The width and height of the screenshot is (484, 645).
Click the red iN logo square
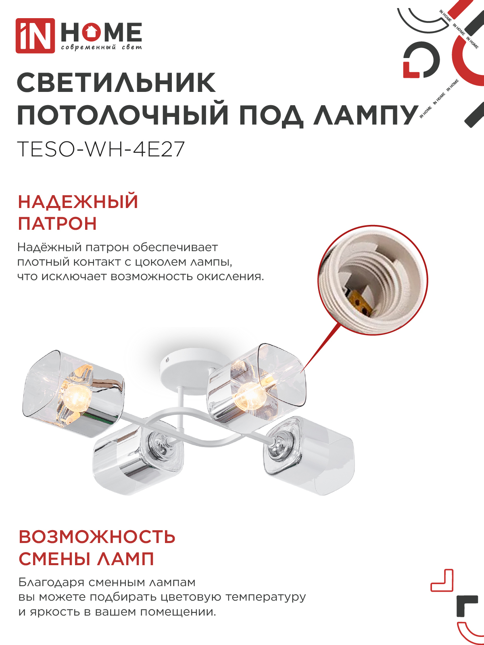[x=35, y=35]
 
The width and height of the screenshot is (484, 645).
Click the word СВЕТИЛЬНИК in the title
[x=116, y=83]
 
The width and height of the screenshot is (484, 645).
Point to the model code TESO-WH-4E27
[x=101, y=149]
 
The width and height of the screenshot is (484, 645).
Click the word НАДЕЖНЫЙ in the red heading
[x=78, y=202]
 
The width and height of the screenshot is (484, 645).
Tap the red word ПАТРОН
[x=57, y=223]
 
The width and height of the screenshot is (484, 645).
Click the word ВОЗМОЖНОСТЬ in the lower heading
[x=97, y=537]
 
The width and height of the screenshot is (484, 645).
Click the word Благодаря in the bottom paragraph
[x=51, y=583]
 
